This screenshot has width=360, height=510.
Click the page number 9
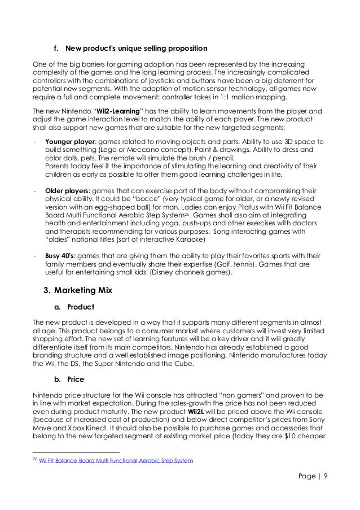click(333, 483)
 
